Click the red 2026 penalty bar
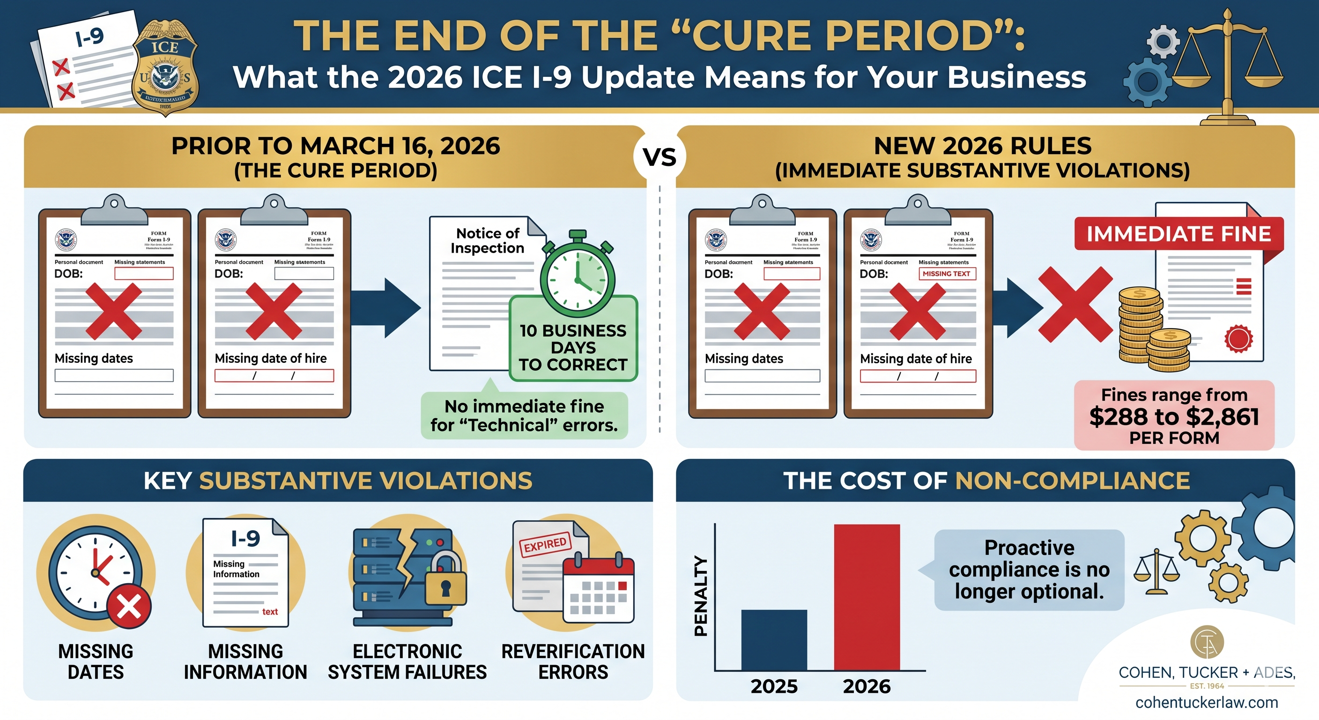pos(867,597)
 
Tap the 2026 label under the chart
pos(867,686)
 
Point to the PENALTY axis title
pos(700,596)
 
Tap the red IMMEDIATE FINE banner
pos(1178,234)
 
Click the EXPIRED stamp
pos(545,545)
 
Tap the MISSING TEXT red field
pos(946,274)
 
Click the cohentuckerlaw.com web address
pos(1207,702)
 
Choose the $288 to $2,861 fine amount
pos(1174,417)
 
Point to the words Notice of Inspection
pos(488,241)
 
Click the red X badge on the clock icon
pos(129,607)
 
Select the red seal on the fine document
pos(1238,339)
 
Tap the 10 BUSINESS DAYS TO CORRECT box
pos(573,347)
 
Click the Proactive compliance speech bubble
pos(1029,570)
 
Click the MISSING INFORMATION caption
pos(245,661)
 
